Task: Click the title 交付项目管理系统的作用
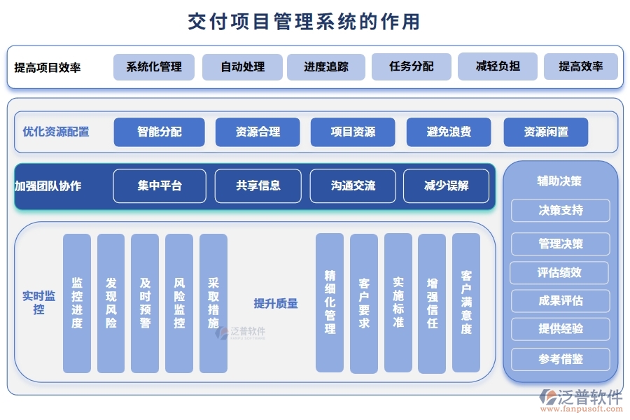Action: pos(304,22)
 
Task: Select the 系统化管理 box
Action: pos(154,67)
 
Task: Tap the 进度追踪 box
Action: pos(325,67)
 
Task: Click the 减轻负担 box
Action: pos(498,66)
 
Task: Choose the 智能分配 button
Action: pos(160,132)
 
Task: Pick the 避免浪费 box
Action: pos(449,132)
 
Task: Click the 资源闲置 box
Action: pos(546,132)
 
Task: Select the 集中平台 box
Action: pos(160,185)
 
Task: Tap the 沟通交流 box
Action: pos(353,185)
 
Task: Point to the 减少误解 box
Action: pos(446,185)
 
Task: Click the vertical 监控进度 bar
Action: pos(77,302)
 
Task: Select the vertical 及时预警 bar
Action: pos(145,302)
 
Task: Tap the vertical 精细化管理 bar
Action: pos(330,302)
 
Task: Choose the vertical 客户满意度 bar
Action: pos(466,302)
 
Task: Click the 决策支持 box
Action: pos(561,210)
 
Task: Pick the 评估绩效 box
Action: pos(559,272)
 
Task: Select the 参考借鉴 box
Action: pos(561,359)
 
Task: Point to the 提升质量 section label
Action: pos(276,303)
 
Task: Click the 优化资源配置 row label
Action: pos(56,132)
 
